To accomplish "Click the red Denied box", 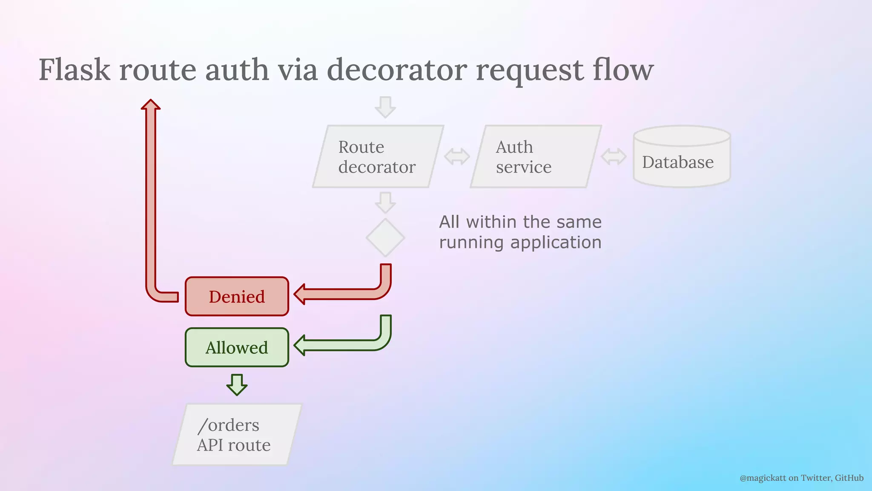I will (x=237, y=297).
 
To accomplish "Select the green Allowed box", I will (x=237, y=347).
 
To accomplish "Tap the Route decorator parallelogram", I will (x=378, y=156).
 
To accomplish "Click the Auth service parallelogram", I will (x=535, y=156).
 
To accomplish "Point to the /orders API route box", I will (x=237, y=435).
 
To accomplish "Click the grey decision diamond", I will (x=385, y=237).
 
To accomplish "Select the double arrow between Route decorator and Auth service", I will (x=457, y=156).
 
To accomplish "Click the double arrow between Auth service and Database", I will (x=614, y=156).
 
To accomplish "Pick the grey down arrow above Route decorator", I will (x=385, y=107).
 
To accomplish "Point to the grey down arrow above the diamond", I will (x=385, y=203).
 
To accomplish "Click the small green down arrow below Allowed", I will (x=237, y=385).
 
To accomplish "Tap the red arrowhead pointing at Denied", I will (x=301, y=294).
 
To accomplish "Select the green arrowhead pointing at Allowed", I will (x=301, y=345).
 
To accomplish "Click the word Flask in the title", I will (x=75, y=70).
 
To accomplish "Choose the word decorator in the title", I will (x=397, y=70).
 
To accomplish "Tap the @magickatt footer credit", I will (x=801, y=478).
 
